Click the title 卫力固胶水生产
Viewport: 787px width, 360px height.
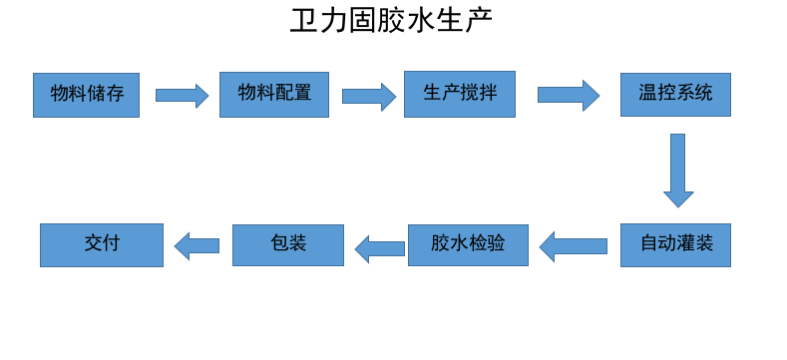[x=391, y=21]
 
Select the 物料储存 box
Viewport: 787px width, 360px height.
[x=86, y=95]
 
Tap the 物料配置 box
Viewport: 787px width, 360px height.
[x=274, y=95]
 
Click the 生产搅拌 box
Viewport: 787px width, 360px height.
[x=460, y=94]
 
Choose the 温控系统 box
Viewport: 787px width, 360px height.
[x=675, y=95]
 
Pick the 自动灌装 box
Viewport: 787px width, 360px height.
[x=675, y=244]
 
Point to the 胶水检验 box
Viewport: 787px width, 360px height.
[x=468, y=244]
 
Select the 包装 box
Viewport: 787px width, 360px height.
[x=288, y=244]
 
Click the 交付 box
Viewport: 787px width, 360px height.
[x=102, y=244]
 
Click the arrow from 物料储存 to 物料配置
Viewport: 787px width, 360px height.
[x=182, y=96]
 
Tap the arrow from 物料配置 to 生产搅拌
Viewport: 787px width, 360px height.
[x=368, y=96]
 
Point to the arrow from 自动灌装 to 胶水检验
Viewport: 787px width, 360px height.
[x=575, y=245]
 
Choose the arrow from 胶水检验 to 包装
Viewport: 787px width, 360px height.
[x=380, y=248]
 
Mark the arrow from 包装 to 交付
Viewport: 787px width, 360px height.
[x=197, y=245]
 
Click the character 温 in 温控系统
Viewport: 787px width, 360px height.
[x=647, y=95]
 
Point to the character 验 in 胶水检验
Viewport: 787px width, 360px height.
[x=496, y=244]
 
